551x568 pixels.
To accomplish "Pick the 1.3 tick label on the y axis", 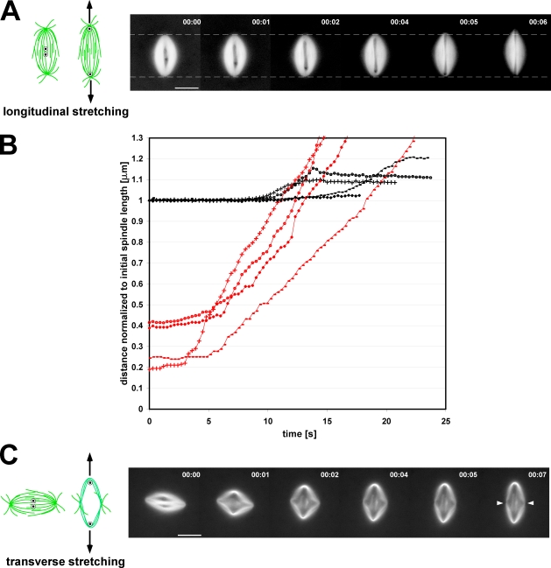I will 136,138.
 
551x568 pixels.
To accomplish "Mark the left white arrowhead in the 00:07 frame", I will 500,502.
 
